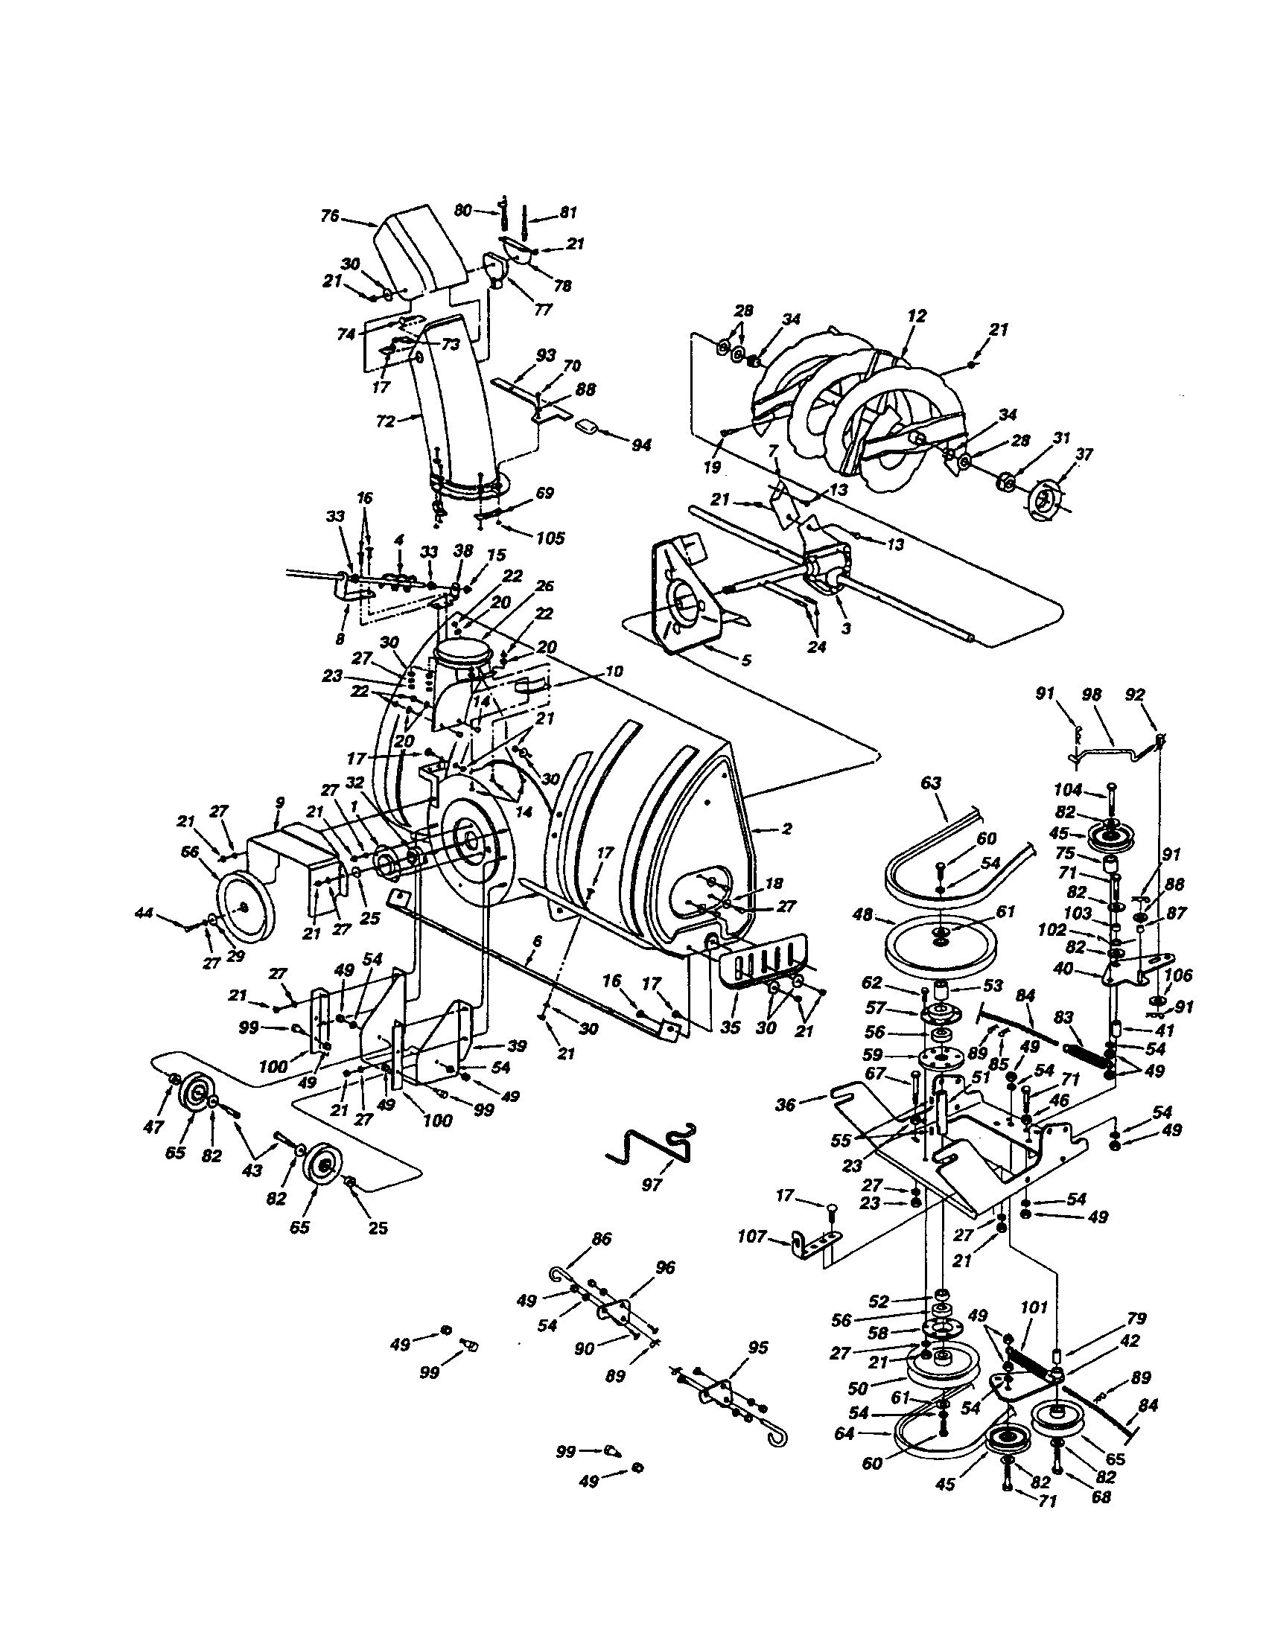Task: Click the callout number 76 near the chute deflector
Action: (x=330, y=216)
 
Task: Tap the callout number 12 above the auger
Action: (x=917, y=316)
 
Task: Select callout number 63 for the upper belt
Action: (x=930, y=783)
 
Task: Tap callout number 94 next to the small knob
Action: (x=640, y=444)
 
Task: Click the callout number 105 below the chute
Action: (x=550, y=538)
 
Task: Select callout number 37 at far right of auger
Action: (x=1084, y=453)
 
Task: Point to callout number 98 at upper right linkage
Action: (x=1092, y=695)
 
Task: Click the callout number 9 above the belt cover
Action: (x=279, y=803)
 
